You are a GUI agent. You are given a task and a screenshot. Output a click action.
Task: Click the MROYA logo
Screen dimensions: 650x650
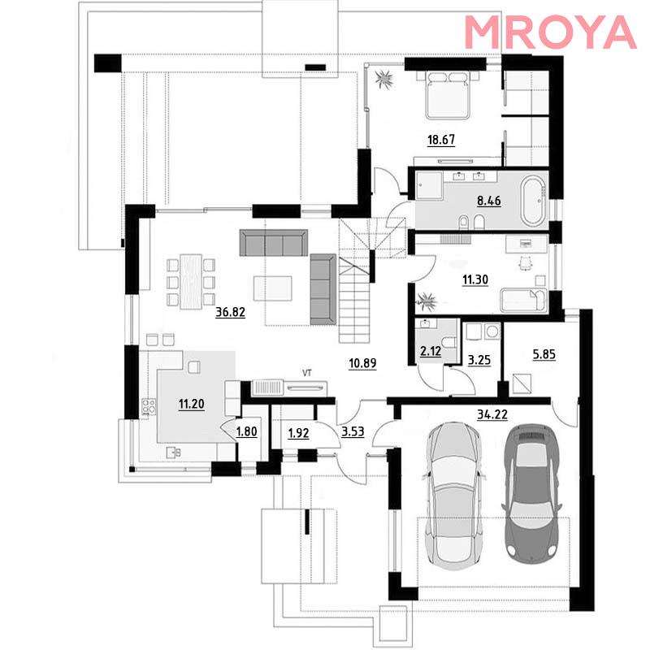point(551,32)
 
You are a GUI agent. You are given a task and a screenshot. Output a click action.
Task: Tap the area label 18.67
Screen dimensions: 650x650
point(441,140)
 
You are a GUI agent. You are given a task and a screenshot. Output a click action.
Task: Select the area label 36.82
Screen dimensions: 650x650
point(231,312)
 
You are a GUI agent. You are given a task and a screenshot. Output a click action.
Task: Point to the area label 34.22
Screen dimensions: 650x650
point(492,414)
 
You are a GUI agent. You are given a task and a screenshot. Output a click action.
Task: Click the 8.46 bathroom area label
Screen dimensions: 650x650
point(489,201)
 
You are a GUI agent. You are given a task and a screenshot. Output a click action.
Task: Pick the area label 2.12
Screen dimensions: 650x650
point(431,352)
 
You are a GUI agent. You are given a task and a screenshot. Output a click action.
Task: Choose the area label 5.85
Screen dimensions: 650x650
point(544,354)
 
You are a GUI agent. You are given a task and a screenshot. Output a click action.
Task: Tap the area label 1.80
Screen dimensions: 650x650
point(247,431)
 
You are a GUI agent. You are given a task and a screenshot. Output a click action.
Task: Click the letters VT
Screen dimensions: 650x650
point(307,373)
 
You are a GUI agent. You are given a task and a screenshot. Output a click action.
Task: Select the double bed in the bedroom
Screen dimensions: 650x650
point(448,95)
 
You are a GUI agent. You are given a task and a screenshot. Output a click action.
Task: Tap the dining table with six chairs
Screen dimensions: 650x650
point(191,281)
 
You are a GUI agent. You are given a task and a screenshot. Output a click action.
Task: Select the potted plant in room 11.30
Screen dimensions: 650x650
point(427,300)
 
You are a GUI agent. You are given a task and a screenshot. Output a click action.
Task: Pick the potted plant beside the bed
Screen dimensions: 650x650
point(384,79)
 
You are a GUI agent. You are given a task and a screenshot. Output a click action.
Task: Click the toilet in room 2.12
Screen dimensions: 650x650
point(449,342)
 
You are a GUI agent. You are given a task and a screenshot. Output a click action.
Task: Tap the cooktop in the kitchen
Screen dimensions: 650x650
point(149,406)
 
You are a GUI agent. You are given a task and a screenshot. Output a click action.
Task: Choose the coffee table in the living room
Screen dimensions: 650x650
point(273,288)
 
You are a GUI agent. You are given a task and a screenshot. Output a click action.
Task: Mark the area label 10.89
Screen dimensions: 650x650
point(362,363)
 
